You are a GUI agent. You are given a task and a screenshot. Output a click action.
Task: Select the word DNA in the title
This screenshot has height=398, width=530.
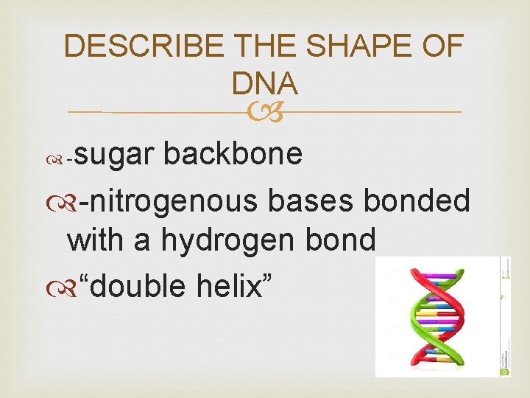click(264, 84)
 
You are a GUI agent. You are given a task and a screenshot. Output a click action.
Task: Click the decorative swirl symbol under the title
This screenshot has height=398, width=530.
click(264, 112)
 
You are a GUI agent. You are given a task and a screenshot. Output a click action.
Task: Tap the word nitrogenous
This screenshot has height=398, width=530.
click(170, 202)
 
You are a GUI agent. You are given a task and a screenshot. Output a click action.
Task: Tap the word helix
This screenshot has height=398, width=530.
click(236, 284)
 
